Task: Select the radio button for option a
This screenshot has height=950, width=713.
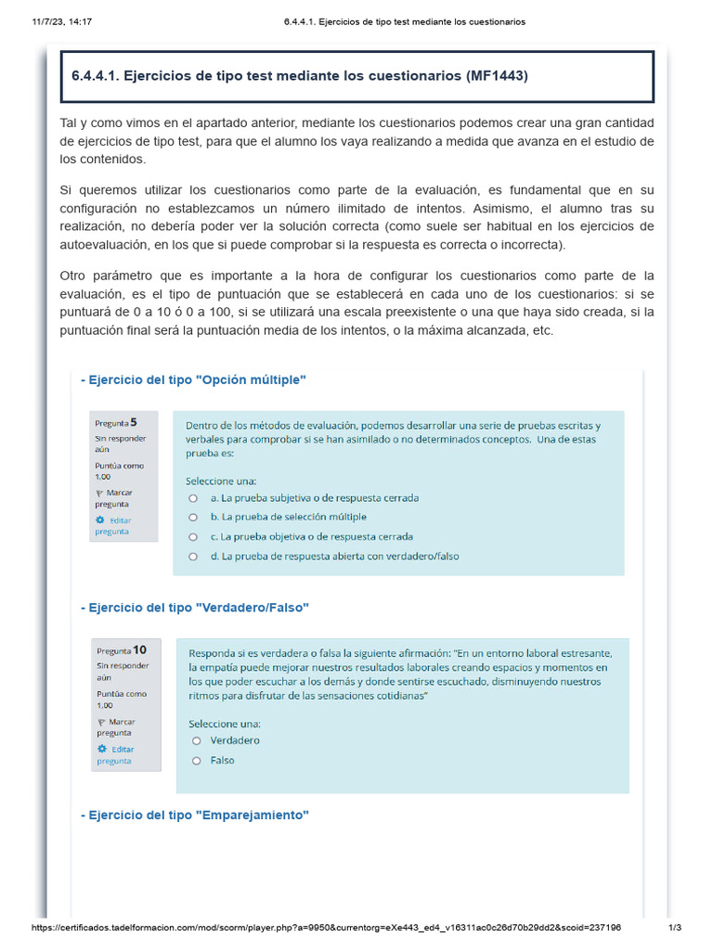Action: pos(193,498)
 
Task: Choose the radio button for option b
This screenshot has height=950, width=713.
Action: pos(193,518)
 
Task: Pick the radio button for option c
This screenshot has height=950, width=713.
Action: pos(193,537)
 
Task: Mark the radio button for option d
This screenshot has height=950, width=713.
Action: pos(193,557)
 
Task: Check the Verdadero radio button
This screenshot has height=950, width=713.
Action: pos(196,741)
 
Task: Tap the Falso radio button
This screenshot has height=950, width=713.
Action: pos(196,761)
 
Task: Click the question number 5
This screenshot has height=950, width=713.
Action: pos(134,421)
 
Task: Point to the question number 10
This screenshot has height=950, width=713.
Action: pos(139,649)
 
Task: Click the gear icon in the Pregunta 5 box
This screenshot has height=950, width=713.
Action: pos(100,520)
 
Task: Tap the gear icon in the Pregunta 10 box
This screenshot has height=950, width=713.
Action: pos(102,749)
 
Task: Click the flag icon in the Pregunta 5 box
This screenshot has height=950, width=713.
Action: pos(99,493)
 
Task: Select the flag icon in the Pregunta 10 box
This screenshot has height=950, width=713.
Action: pos(101,722)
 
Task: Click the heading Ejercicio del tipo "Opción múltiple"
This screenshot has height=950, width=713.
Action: pos(194,380)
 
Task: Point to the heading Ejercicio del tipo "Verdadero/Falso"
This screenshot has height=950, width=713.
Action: pos(196,607)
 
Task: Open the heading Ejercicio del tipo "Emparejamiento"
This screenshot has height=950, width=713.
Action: pos(196,815)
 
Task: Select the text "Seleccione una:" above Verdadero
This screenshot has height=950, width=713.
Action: pos(225,723)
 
